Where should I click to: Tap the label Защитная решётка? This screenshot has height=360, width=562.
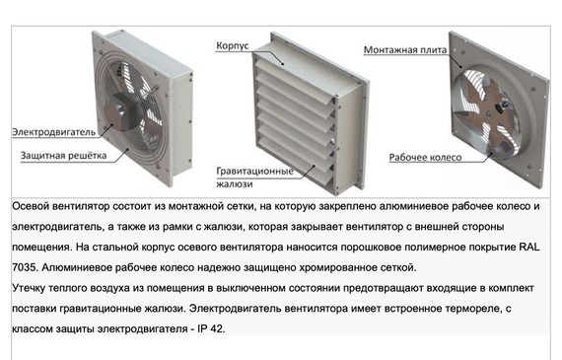click(58, 156)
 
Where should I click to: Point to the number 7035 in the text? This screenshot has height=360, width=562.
click(27, 266)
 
